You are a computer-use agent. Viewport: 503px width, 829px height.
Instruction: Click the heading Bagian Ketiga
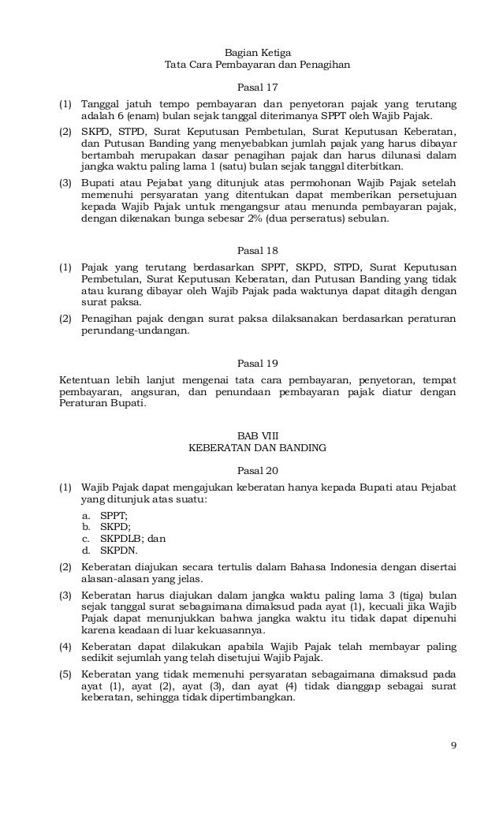point(257,51)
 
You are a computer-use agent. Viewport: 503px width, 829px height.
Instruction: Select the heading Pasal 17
point(258,87)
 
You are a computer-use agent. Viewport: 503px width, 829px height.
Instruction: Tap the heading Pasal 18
point(258,252)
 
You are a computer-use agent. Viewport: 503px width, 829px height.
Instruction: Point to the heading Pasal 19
point(258,363)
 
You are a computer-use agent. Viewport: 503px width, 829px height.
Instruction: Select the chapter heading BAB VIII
point(258,435)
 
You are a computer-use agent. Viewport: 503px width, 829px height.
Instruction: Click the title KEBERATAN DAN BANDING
point(258,448)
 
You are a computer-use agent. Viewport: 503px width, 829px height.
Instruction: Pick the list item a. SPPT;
point(106,514)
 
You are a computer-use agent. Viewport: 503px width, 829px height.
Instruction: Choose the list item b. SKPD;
point(106,526)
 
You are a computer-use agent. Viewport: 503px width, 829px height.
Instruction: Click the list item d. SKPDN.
point(110,551)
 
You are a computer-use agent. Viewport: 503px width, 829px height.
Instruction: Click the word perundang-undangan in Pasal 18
point(134,330)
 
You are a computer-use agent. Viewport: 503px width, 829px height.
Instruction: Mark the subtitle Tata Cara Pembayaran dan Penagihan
point(257,65)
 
